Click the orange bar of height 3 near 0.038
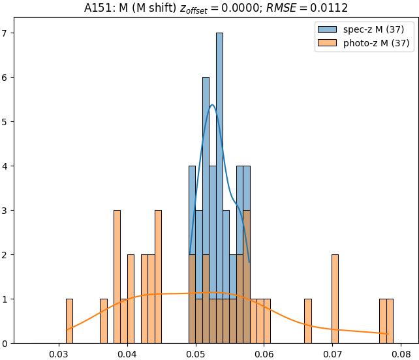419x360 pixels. point(117,277)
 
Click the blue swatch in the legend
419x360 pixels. point(328,29)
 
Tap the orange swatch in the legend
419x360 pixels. point(328,43)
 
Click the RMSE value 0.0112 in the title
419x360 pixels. point(330,8)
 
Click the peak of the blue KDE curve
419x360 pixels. point(212,105)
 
